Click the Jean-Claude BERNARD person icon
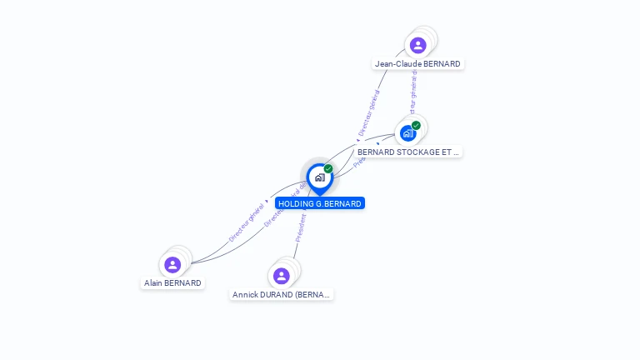(417, 45)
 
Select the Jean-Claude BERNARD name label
(417, 64)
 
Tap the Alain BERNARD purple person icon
(172, 265)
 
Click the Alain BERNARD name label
(172, 283)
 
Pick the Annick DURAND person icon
(282, 276)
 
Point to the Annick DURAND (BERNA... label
(282, 295)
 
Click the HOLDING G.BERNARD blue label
(320, 203)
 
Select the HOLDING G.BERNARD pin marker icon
(319, 177)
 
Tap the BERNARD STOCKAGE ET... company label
(408, 152)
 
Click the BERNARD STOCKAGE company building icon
(407, 133)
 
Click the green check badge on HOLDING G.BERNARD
(328, 169)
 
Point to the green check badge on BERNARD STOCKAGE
(416, 126)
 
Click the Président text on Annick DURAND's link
(301, 227)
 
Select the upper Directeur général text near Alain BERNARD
(247, 221)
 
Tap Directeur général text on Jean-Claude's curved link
(369, 113)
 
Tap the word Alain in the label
(153, 283)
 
